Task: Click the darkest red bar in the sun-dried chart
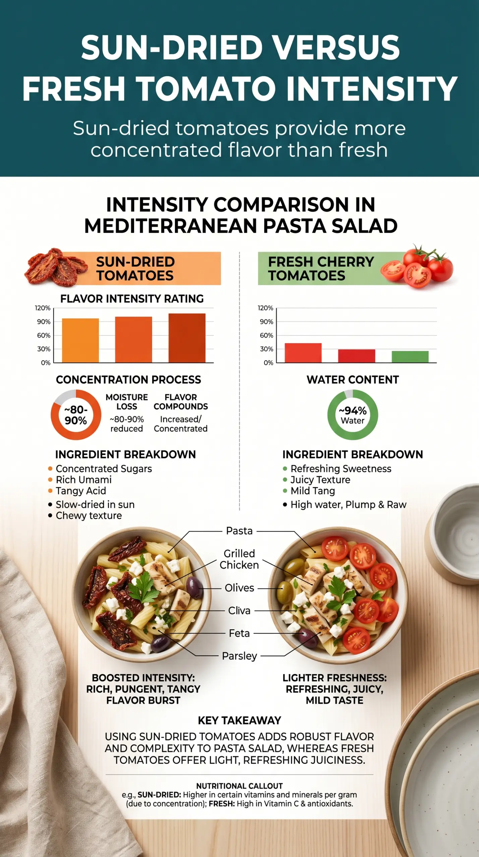click(187, 338)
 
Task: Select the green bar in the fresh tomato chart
click(410, 357)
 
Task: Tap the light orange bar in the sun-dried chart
click(80, 340)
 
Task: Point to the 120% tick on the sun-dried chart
click(43, 308)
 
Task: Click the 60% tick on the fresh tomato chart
click(266, 335)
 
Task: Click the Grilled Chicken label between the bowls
click(239, 559)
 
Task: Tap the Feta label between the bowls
click(239, 633)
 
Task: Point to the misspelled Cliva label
click(239, 610)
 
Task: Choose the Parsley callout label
click(239, 656)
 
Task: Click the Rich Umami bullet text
click(84, 480)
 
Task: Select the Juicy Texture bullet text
click(320, 480)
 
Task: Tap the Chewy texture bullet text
click(89, 516)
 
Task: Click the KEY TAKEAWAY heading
click(239, 720)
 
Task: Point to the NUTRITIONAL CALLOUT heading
click(239, 786)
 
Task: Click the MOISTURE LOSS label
click(127, 402)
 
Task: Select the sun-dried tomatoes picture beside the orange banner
click(55, 267)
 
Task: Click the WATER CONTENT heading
click(353, 380)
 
